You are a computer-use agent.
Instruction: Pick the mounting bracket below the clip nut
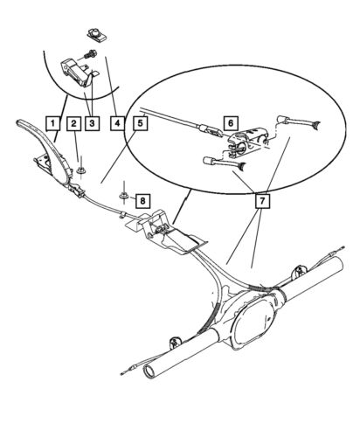(x=75, y=73)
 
